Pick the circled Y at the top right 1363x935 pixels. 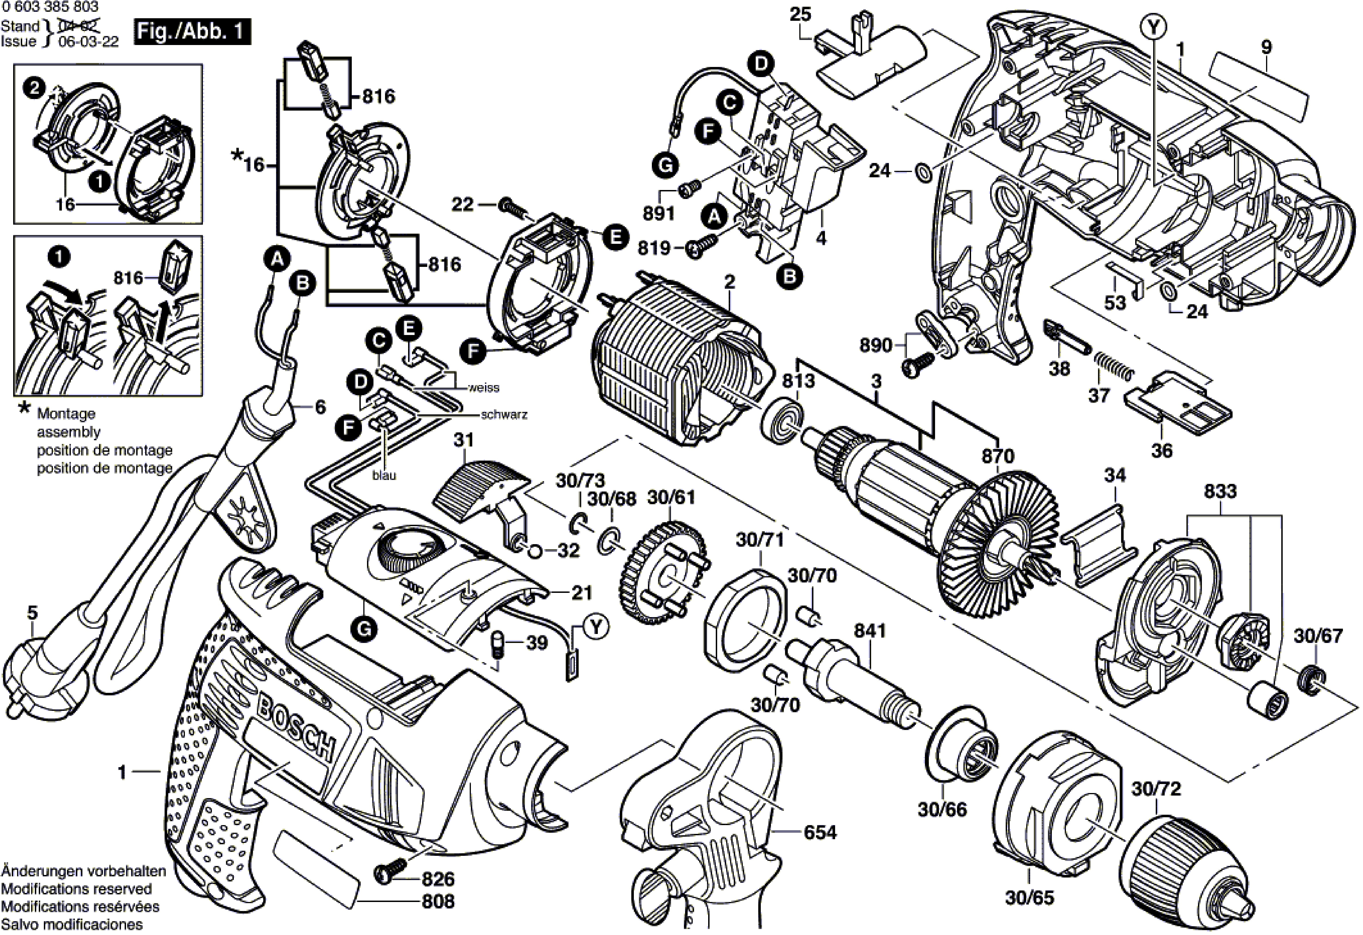click(1154, 26)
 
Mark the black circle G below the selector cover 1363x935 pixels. click(364, 629)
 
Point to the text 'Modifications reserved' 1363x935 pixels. click(76, 889)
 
